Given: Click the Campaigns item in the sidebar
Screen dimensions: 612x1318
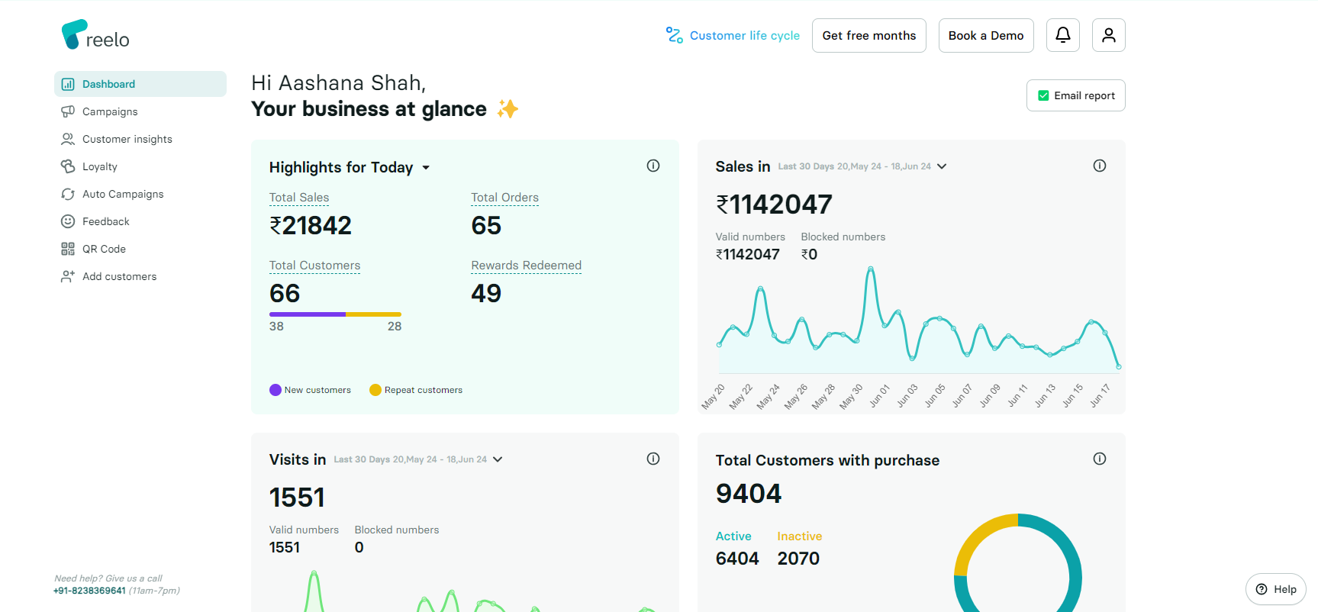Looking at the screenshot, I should click(x=110, y=111).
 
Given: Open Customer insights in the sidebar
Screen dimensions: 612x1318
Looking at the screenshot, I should click(x=127, y=139).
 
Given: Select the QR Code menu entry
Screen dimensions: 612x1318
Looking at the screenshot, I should click(x=104, y=249).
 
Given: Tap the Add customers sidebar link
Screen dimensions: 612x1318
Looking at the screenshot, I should click(x=119, y=276).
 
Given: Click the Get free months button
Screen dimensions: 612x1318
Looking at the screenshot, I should click(x=868, y=36).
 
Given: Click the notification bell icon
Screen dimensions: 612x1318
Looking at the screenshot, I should click(x=1062, y=35).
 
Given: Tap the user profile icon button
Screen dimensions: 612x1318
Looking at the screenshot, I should click(x=1108, y=35).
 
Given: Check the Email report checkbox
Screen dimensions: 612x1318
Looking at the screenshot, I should click(x=1043, y=95).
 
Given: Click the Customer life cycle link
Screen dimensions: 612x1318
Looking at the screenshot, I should click(x=744, y=36).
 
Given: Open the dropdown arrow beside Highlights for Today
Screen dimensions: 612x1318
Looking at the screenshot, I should click(x=426, y=168).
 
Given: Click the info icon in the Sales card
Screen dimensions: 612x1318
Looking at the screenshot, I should click(x=1099, y=166).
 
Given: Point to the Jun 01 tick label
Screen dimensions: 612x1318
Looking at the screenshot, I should click(x=880, y=395).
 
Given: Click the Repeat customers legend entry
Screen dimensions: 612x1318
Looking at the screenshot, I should click(x=423, y=390).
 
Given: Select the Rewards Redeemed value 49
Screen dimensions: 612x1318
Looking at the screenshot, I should click(x=486, y=294).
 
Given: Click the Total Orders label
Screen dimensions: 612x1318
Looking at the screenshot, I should click(x=504, y=198).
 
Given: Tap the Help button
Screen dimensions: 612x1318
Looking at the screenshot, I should click(x=1275, y=589).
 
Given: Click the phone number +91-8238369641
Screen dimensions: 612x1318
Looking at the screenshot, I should click(x=89, y=591).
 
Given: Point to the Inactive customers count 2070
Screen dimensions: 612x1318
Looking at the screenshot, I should click(x=798, y=559).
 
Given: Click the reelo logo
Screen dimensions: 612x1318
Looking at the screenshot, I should click(x=95, y=35).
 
